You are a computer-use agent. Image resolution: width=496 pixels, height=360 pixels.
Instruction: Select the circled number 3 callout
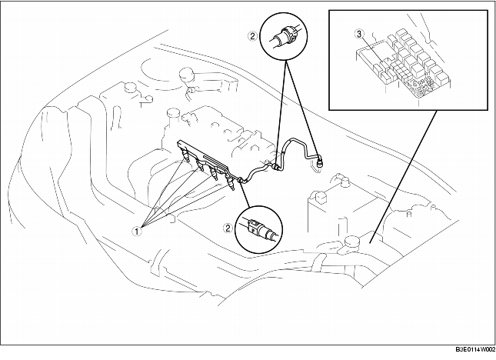pos(358,35)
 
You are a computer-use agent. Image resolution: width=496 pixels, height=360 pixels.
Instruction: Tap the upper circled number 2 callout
pos(252,35)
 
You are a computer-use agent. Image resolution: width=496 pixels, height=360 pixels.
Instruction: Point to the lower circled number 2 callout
pos(228,228)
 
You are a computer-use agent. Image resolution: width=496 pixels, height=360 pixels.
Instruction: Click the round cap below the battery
pos(352,242)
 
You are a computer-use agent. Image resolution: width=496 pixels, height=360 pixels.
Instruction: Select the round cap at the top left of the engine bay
pos(185,75)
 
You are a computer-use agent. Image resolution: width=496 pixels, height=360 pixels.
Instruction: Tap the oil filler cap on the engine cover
pos(172,117)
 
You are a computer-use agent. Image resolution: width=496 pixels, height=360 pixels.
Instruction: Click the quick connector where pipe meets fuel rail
pos(243,179)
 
